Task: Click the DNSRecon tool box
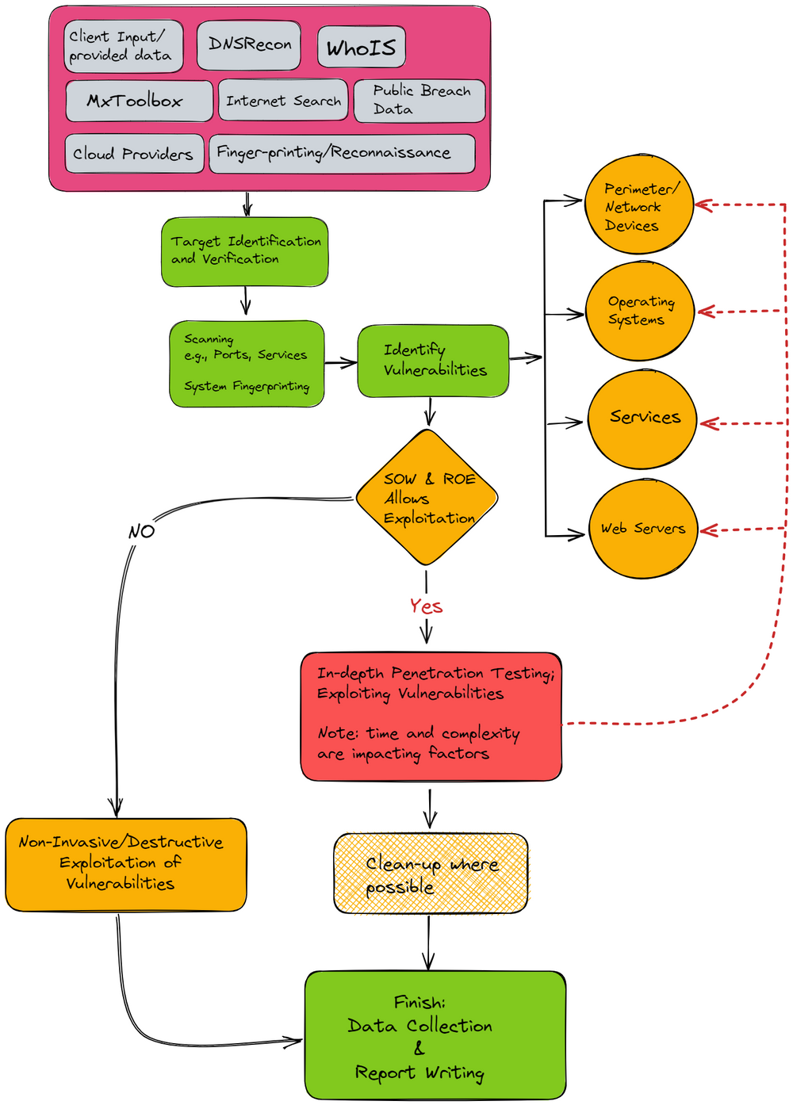tap(249, 44)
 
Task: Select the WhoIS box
tap(361, 48)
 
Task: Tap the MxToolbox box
tap(139, 101)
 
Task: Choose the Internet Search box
tap(283, 101)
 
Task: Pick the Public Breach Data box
tap(419, 101)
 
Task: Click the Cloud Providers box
tap(133, 154)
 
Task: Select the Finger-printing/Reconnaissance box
tap(342, 153)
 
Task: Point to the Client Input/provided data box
tap(123, 46)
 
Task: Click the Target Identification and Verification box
tap(245, 251)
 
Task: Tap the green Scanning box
tap(247, 364)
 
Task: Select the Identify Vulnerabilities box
tap(433, 361)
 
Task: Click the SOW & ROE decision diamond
tap(427, 499)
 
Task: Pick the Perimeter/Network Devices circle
tap(639, 206)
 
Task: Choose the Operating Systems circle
tap(640, 311)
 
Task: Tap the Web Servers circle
tap(643, 529)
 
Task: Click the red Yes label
tap(426, 606)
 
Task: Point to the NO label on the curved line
tap(141, 532)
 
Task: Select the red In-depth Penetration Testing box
tap(431, 716)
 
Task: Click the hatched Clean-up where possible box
tap(431, 874)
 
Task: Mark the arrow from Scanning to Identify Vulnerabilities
tap(341, 363)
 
